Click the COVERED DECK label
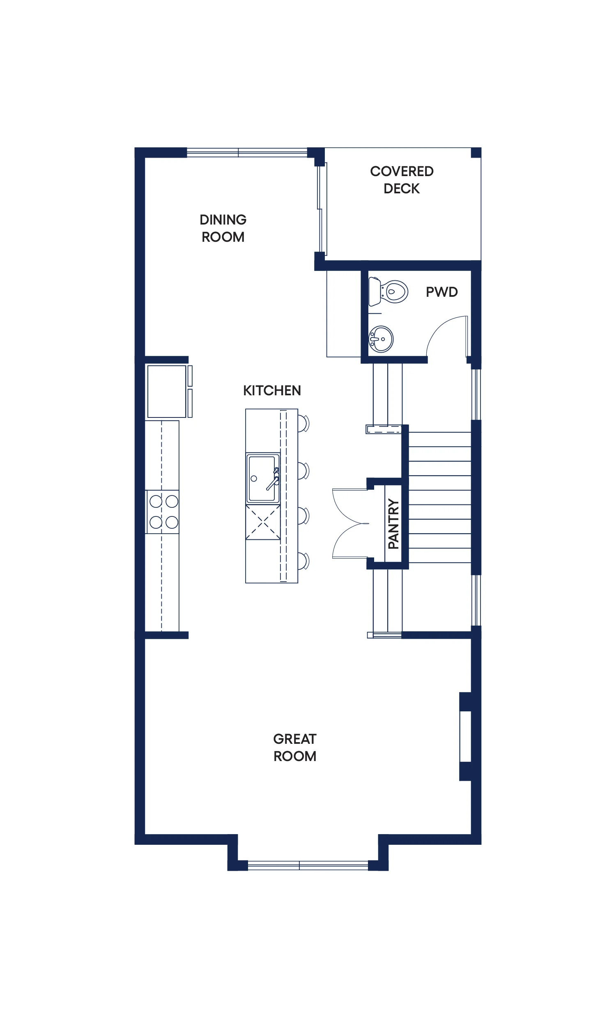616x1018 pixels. coord(402,180)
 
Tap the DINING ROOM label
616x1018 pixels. coord(223,228)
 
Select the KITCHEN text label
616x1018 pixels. coord(271,390)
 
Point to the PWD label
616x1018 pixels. coord(441,292)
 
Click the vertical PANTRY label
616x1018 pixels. coord(393,524)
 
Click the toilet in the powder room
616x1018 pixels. coord(388,292)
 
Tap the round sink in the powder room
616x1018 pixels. coord(381,339)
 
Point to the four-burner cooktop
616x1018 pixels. coord(163,512)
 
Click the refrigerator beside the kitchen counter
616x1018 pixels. coord(167,391)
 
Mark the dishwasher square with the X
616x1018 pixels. coord(263,522)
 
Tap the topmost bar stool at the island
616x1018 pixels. coord(304,424)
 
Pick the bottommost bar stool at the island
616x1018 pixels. coord(304,561)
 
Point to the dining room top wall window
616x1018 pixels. coord(247,152)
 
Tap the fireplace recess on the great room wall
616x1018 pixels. coord(466,737)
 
